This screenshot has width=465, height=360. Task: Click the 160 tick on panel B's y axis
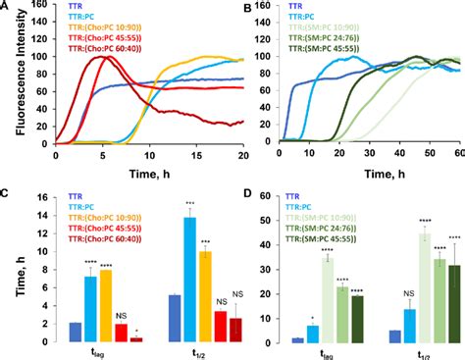267,8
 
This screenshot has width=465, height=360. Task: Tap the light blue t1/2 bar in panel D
411,325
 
